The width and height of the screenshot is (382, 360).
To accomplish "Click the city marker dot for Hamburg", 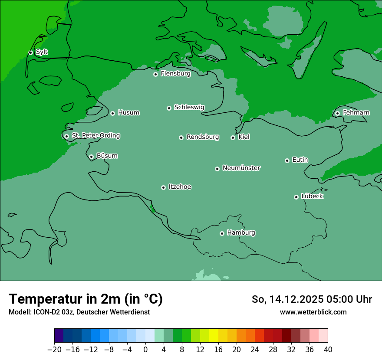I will pyautogui.click(x=222, y=233).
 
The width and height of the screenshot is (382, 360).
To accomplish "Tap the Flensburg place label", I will pyautogui.click(x=175, y=74).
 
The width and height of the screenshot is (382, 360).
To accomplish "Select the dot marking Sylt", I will pyautogui.click(x=30, y=52).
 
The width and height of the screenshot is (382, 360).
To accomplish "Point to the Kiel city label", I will pyautogui.click(x=244, y=137).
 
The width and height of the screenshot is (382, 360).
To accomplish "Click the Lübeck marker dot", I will pyautogui.click(x=296, y=197).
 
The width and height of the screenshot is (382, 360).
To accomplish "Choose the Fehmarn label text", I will pyautogui.click(x=356, y=113).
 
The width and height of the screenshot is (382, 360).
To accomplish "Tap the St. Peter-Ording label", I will pyautogui.click(x=95, y=136).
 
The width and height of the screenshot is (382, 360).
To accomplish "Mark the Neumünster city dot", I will pyautogui.click(x=217, y=169).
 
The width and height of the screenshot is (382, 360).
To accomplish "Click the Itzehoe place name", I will pyautogui.click(x=180, y=187).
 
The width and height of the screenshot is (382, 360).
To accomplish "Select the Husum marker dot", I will pyautogui.click(x=112, y=113).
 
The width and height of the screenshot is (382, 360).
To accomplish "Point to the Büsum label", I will pyautogui.click(x=107, y=156).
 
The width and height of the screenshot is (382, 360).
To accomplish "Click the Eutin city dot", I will pyautogui.click(x=287, y=160).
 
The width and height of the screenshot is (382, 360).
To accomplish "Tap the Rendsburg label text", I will pyautogui.click(x=203, y=137).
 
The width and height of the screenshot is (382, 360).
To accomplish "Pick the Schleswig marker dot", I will pyautogui.click(x=169, y=108).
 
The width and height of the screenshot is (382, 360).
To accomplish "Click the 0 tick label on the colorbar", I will pyautogui.click(x=145, y=350).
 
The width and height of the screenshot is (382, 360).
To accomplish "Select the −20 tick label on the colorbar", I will pyautogui.click(x=54, y=350).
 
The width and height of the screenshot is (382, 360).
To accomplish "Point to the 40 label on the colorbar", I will pyautogui.click(x=328, y=350).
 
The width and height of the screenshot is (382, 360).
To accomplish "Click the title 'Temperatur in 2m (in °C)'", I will pyautogui.click(x=86, y=299).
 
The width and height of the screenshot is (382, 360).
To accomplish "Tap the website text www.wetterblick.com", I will pyautogui.click(x=313, y=312).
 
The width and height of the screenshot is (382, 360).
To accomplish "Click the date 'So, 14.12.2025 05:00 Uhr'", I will pyautogui.click(x=312, y=299).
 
